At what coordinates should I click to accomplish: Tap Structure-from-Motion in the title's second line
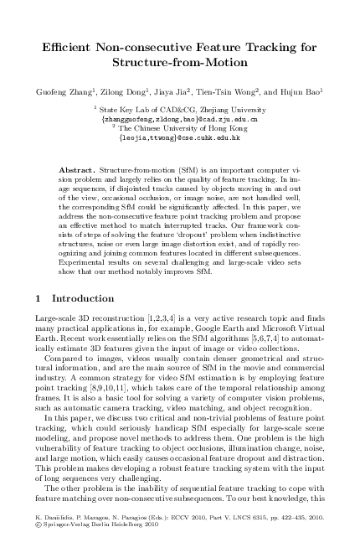point(180,63)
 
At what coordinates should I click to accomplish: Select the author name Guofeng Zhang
point(58,90)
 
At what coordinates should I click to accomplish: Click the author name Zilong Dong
point(121,90)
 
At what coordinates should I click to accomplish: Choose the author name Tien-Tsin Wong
point(234,90)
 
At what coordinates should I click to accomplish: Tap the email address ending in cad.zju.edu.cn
point(179,119)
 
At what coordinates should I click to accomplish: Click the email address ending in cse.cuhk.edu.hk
point(179,137)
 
